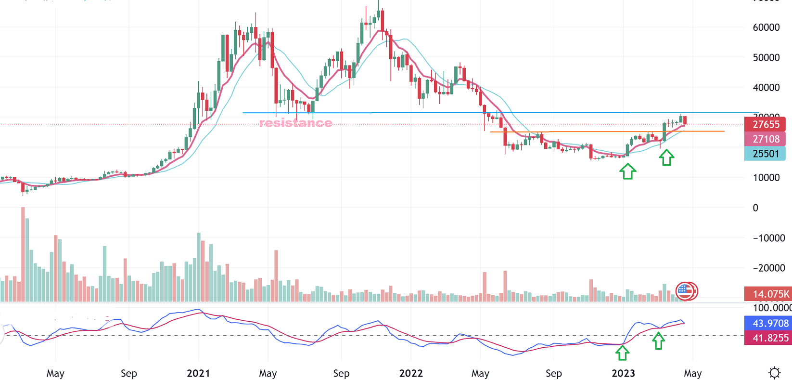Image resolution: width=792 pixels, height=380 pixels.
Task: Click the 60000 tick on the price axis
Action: (766, 27)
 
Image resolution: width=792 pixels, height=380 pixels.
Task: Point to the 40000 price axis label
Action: (766, 88)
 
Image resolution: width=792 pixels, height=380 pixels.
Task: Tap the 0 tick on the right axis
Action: (755, 208)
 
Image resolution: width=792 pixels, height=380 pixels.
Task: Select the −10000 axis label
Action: (769, 238)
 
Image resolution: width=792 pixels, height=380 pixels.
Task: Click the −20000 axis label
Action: (769, 268)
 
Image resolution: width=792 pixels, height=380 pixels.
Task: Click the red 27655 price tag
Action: (766, 124)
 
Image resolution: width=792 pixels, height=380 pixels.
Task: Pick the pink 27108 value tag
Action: (766, 139)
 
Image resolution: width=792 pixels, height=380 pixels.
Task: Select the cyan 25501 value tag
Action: (766, 154)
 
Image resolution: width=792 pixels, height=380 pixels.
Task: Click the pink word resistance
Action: (295, 123)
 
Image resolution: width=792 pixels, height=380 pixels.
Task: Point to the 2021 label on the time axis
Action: (198, 373)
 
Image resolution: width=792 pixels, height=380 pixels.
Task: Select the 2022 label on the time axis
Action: (411, 373)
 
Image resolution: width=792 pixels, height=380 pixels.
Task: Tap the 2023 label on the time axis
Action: (623, 373)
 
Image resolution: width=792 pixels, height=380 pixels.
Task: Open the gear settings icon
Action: (774, 373)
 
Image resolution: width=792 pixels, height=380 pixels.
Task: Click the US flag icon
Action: (684, 290)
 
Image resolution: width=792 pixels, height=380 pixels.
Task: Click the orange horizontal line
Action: (606, 131)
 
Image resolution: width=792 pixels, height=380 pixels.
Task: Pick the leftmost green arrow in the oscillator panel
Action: (622, 353)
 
